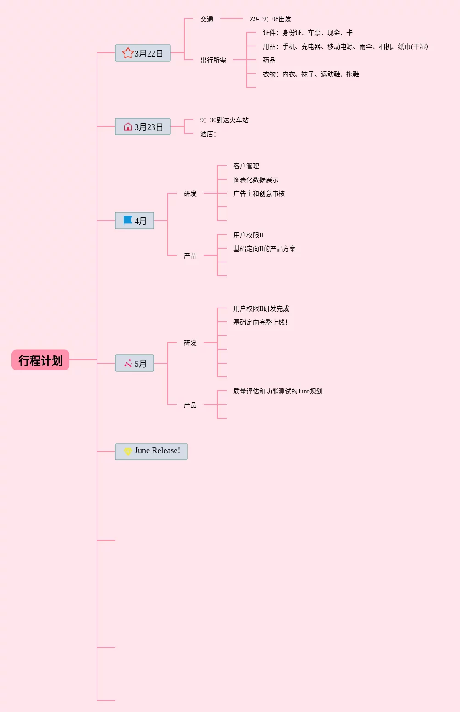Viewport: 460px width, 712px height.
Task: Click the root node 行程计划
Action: [x=40, y=360]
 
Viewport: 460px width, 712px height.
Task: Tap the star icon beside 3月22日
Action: [x=128, y=53]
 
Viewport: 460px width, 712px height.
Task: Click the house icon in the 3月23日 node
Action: [x=128, y=127]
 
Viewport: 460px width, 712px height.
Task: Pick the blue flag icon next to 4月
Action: [x=128, y=221]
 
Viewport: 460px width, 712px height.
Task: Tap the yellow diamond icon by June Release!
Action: [x=128, y=451]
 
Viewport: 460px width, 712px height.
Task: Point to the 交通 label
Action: [x=207, y=19]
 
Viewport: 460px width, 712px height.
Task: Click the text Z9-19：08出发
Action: [x=271, y=19]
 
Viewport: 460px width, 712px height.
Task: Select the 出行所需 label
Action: [x=213, y=60]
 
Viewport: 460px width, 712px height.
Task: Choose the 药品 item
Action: [x=269, y=60]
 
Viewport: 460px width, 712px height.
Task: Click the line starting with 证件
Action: [x=308, y=33]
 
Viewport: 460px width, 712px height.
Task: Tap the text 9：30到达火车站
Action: [x=224, y=120]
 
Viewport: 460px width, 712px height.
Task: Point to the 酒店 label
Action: [x=208, y=134]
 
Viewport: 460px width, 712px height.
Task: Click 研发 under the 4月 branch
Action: [x=190, y=194]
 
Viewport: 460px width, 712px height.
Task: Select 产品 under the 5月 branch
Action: [x=190, y=405]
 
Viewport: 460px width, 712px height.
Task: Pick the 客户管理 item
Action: [x=246, y=166]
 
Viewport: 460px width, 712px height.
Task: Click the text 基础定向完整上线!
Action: [x=261, y=322]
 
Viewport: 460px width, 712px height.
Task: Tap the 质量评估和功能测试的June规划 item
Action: [x=278, y=391]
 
